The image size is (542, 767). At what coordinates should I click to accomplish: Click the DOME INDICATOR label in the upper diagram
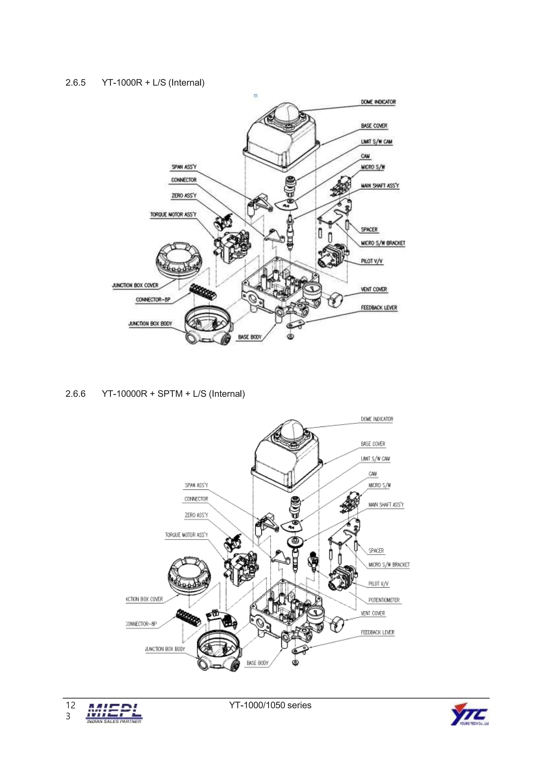378,102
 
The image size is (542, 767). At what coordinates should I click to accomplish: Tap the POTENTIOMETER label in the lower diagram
384,600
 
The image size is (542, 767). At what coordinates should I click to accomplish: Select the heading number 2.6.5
75,83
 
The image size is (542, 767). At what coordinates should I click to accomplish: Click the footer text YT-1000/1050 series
270,705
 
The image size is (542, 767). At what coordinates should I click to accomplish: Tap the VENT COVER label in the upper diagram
374,289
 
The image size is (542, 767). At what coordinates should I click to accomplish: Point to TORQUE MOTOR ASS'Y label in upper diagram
173,214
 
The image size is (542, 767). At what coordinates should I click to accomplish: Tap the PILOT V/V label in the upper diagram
371,261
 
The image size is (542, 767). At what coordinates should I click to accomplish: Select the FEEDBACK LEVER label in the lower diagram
377,632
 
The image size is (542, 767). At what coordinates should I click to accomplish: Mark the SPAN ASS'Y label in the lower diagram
196,485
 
